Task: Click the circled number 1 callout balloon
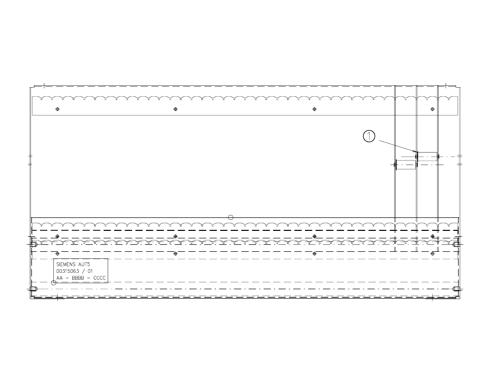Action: pos(369,136)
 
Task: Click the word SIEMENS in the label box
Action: pos(64,264)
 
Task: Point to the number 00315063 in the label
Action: pos(67,271)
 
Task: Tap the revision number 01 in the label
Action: pos(90,271)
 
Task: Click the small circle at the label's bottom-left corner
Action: pos(54,283)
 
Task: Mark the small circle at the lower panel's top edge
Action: pos(230,217)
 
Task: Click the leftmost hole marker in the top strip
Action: pos(57,109)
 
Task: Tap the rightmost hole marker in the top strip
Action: pos(432,109)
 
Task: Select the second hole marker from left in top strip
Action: pos(175,109)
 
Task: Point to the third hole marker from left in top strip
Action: pos(314,109)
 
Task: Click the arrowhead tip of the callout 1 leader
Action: pos(415,151)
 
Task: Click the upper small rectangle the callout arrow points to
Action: pos(427,157)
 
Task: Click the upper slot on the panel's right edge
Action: pos(456,245)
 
